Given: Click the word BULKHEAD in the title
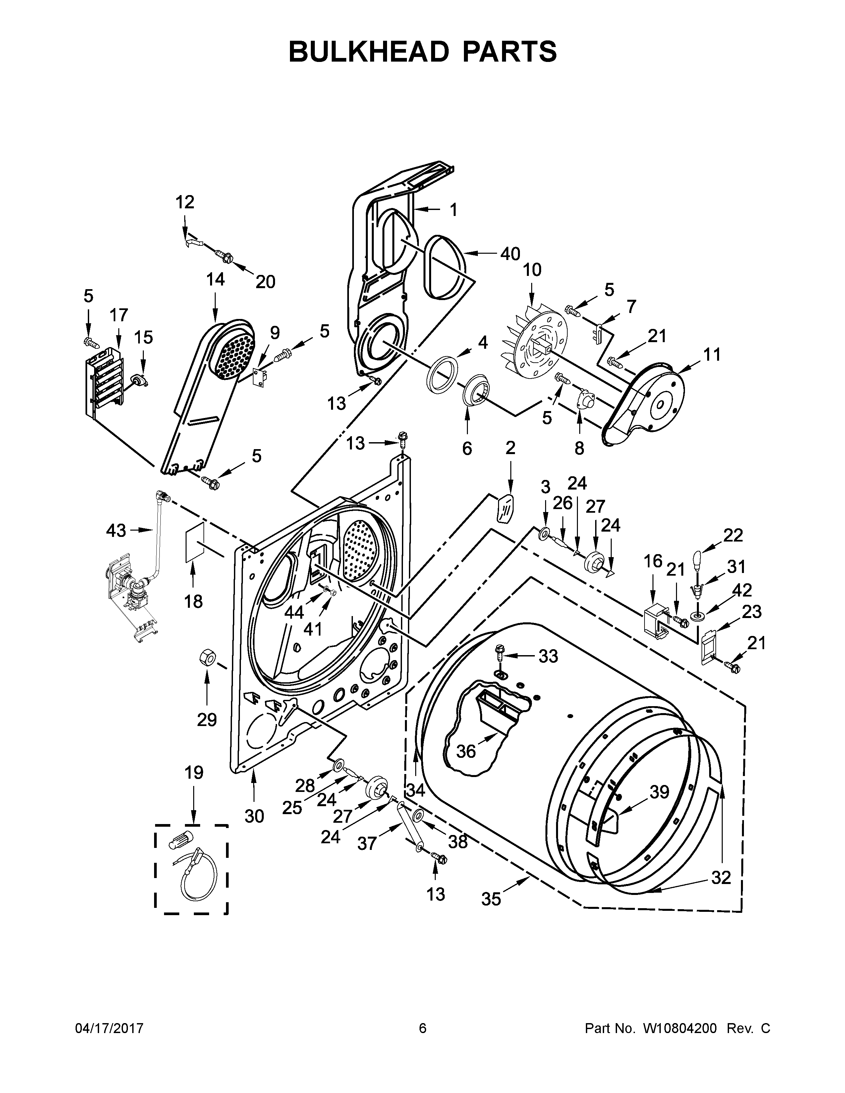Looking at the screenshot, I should click(369, 52).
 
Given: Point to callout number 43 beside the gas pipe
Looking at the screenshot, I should click(116, 531).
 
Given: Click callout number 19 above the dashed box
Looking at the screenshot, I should click(194, 773).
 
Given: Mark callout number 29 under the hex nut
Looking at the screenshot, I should click(206, 720).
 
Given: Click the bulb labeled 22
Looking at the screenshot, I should click(698, 557).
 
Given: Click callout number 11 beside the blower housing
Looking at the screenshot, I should click(711, 354).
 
